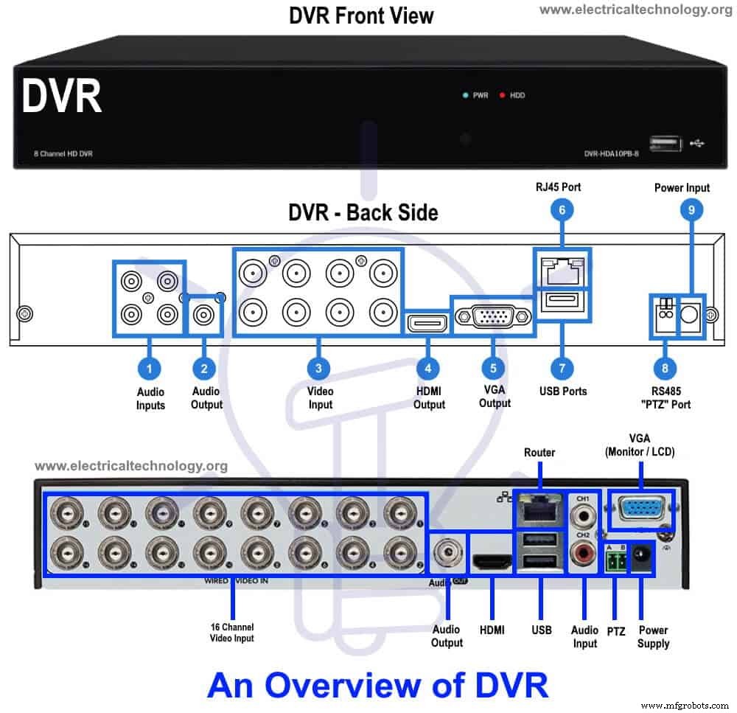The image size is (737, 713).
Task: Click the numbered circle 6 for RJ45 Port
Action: [562, 210]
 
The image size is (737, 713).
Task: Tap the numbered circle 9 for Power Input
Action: [691, 211]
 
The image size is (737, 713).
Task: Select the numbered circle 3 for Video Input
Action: [318, 367]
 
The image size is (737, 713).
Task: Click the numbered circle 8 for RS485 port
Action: [665, 367]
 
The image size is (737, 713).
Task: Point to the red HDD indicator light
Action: [503, 96]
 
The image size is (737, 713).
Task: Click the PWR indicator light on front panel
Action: [465, 96]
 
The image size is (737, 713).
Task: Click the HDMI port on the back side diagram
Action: [427, 323]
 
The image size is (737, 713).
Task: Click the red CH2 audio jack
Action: [584, 551]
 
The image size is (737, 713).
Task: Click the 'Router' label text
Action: [539, 452]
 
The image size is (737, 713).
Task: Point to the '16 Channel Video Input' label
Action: [232, 632]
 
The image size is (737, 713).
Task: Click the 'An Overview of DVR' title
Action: [377, 684]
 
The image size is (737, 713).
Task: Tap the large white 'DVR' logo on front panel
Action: [62, 97]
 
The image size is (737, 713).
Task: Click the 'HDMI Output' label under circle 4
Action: [429, 398]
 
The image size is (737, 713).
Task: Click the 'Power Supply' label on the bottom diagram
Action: [653, 636]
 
